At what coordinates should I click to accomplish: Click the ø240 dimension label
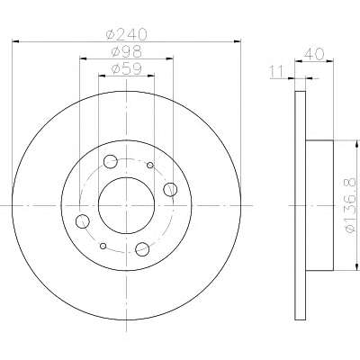[127, 35]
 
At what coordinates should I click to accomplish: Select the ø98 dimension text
[126, 52]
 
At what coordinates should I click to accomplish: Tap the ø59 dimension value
[126, 69]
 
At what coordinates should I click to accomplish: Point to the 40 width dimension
[314, 54]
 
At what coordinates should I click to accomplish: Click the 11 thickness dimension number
[276, 72]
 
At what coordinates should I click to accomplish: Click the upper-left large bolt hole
[110, 161]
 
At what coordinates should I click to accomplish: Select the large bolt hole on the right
[170, 190]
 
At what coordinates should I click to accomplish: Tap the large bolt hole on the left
[83, 221]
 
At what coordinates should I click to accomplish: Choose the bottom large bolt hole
[142, 249]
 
